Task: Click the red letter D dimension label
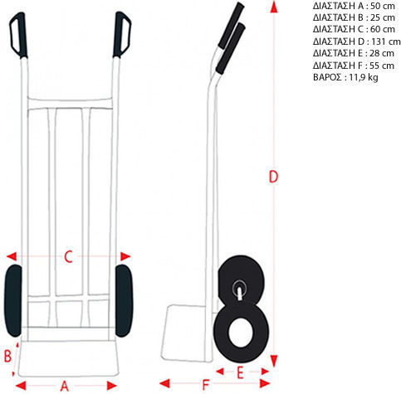click(x=273, y=177)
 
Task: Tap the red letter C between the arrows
click(x=68, y=256)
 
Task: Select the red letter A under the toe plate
click(x=64, y=386)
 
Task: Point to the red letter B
click(x=7, y=356)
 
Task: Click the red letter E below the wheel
click(x=240, y=372)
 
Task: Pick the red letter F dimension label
click(x=205, y=385)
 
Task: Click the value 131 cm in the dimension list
click(x=386, y=41)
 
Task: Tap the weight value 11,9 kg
click(x=364, y=77)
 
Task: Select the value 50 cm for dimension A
click(x=383, y=6)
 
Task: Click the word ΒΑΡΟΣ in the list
click(x=327, y=77)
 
